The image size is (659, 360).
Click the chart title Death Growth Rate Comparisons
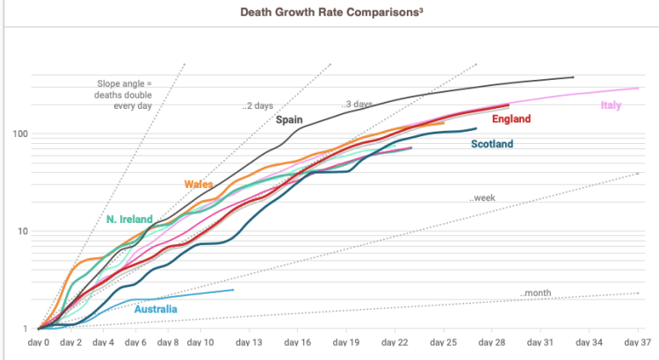click(x=329, y=14)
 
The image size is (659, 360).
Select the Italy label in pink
click(x=612, y=106)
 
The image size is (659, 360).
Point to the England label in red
click(x=511, y=119)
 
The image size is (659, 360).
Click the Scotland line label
click(x=492, y=144)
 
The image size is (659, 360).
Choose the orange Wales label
click(x=199, y=184)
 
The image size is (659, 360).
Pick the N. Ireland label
click(x=130, y=219)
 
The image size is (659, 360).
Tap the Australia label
click(x=156, y=309)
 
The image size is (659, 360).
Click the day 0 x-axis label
click(x=39, y=342)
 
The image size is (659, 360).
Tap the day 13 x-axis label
click(x=250, y=342)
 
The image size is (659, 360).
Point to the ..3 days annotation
click(x=357, y=104)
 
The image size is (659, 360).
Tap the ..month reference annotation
click(x=535, y=292)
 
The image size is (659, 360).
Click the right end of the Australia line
click(x=234, y=290)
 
